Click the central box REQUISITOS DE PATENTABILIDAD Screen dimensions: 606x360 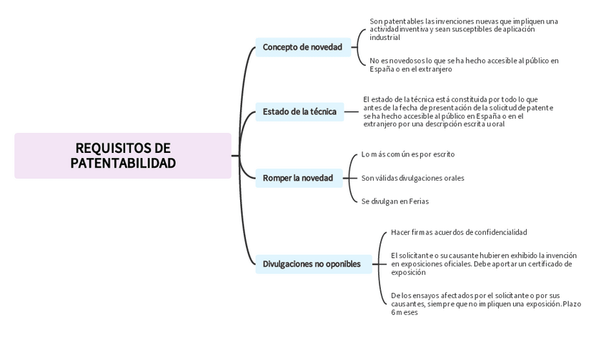click(x=123, y=155)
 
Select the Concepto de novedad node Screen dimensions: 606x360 click(x=302, y=48)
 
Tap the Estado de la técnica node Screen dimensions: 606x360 click(x=299, y=111)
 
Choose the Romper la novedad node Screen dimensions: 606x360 click(x=298, y=178)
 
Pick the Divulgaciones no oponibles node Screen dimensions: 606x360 click(x=312, y=264)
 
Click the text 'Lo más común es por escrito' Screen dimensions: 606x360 click(x=408, y=154)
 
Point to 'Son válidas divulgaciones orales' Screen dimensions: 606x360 click(x=412, y=178)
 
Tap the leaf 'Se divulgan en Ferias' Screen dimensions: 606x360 click(x=395, y=201)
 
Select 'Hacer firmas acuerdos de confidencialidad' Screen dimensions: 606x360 click(x=459, y=233)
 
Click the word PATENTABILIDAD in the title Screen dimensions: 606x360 click(x=123, y=164)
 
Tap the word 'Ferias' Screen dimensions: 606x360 click(x=419, y=201)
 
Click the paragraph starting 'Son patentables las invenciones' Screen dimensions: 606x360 click(x=464, y=29)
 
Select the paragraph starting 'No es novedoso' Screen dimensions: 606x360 click(x=464, y=65)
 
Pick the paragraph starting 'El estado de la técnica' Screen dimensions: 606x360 click(x=458, y=111)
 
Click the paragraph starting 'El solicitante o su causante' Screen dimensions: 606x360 click(x=484, y=264)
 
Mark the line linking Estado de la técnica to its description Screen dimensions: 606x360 click(x=351, y=111)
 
